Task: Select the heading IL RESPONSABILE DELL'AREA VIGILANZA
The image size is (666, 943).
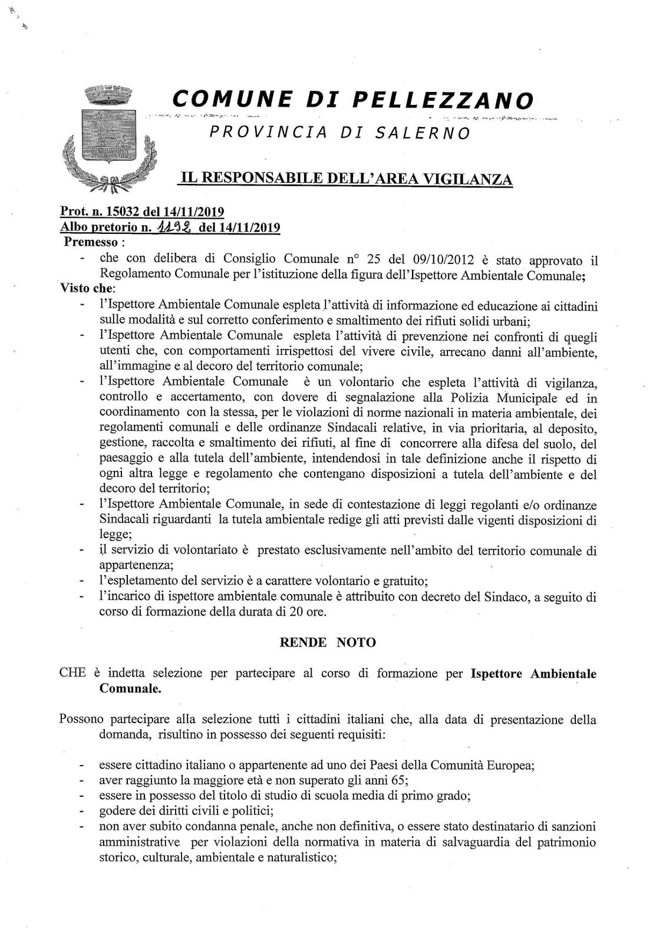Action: [x=345, y=179]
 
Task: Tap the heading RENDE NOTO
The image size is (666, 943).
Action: [x=327, y=642]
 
